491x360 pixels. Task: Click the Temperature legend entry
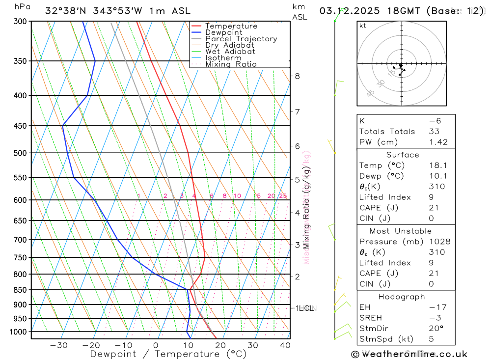[231, 26]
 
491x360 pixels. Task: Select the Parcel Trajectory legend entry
[241, 39]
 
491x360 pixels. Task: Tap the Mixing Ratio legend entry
[231, 64]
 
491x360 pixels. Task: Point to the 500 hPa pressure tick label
[21, 153]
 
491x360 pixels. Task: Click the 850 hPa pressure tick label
[21, 290]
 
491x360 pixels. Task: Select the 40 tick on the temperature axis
[285, 345]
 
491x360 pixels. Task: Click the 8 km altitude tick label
[297, 76]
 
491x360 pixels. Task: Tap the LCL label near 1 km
[305, 308]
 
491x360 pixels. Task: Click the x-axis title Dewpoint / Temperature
[168, 354]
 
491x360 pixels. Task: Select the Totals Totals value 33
[434, 131]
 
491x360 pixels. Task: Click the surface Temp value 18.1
[436, 166]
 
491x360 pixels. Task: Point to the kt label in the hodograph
[363, 26]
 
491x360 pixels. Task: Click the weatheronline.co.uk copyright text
[409, 354]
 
